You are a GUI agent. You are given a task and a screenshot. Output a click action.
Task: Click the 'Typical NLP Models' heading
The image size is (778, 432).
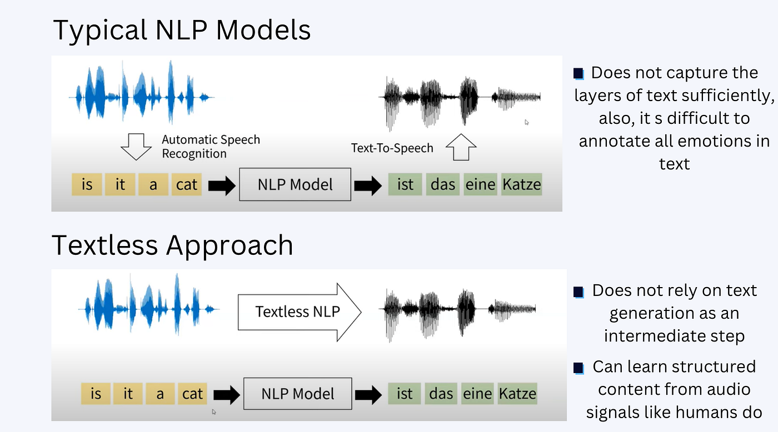pyautogui.click(x=181, y=31)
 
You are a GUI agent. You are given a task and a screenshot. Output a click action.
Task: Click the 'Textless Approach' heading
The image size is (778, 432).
pyautogui.click(x=172, y=245)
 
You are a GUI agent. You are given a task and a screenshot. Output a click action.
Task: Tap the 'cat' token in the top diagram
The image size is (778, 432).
pyautogui.click(x=186, y=184)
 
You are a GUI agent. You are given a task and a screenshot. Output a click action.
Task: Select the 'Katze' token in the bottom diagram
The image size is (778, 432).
pyautogui.click(x=517, y=394)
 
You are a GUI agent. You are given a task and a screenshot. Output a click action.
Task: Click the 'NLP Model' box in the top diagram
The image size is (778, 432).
pyautogui.click(x=295, y=184)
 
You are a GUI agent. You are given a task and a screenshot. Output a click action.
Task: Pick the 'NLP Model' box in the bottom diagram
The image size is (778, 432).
pyautogui.click(x=298, y=394)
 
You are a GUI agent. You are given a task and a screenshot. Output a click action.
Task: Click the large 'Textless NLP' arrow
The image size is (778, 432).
pyautogui.click(x=299, y=312)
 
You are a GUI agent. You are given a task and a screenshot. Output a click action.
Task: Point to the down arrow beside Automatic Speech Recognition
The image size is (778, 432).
pyautogui.click(x=136, y=146)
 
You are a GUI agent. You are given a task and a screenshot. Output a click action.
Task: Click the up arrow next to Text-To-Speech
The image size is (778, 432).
pyautogui.click(x=461, y=148)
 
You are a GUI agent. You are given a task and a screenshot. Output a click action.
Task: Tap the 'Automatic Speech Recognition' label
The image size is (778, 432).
pyautogui.click(x=211, y=147)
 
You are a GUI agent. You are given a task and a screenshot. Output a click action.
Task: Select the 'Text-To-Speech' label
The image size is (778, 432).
pyautogui.click(x=392, y=148)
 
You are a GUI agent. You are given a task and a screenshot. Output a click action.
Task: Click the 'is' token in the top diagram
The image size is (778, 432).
pyautogui.click(x=87, y=184)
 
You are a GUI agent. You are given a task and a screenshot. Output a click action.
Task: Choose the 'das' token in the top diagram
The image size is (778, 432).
pyautogui.click(x=443, y=184)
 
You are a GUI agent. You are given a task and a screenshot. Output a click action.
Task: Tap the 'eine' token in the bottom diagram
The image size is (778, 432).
pyautogui.click(x=478, y=394)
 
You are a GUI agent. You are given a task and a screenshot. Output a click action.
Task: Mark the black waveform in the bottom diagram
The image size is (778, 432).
pyautogui.click(x=457, y=308)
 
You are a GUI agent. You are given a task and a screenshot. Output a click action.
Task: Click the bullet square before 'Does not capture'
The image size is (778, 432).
pyautogui.click(x=578, y=73)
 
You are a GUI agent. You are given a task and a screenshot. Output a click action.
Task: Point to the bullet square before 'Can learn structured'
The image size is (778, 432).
pyautogui.click(x=578, y=368)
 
